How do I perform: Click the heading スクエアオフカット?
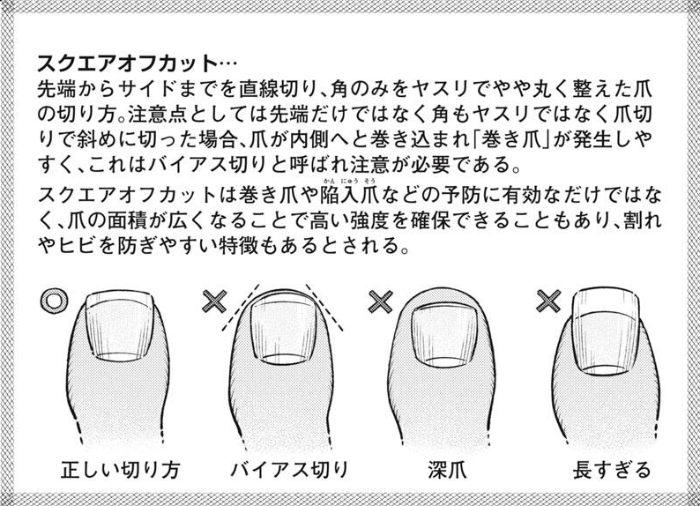tap(127, 63)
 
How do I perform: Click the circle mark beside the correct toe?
tap(53, 301)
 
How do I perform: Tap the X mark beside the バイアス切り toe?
tap(215, 301)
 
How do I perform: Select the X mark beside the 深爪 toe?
tap(380, 301)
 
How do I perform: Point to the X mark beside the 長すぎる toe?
tap(548, 301)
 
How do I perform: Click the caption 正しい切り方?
tap(121, 469)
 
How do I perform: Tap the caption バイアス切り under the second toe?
tap(289, 469)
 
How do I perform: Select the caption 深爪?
tap(447, 469)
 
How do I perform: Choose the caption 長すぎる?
tap(612, 469)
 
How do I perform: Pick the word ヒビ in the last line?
tap(75, 245)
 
